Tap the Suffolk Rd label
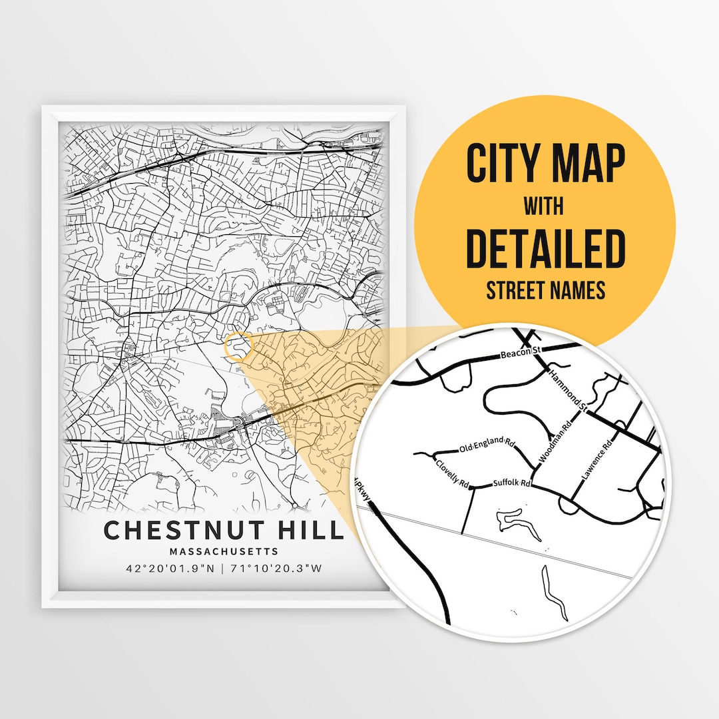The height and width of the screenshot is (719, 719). tap(511, 483)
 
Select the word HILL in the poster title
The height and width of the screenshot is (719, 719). tap(314, 530)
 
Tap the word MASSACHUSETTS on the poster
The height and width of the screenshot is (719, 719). tap(224, 551)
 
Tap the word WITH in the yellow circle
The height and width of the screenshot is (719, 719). tap(543, 206)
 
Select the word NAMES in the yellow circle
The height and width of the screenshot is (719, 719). tap(574, 290)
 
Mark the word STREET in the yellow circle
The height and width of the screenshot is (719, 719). tap(514, 290)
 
